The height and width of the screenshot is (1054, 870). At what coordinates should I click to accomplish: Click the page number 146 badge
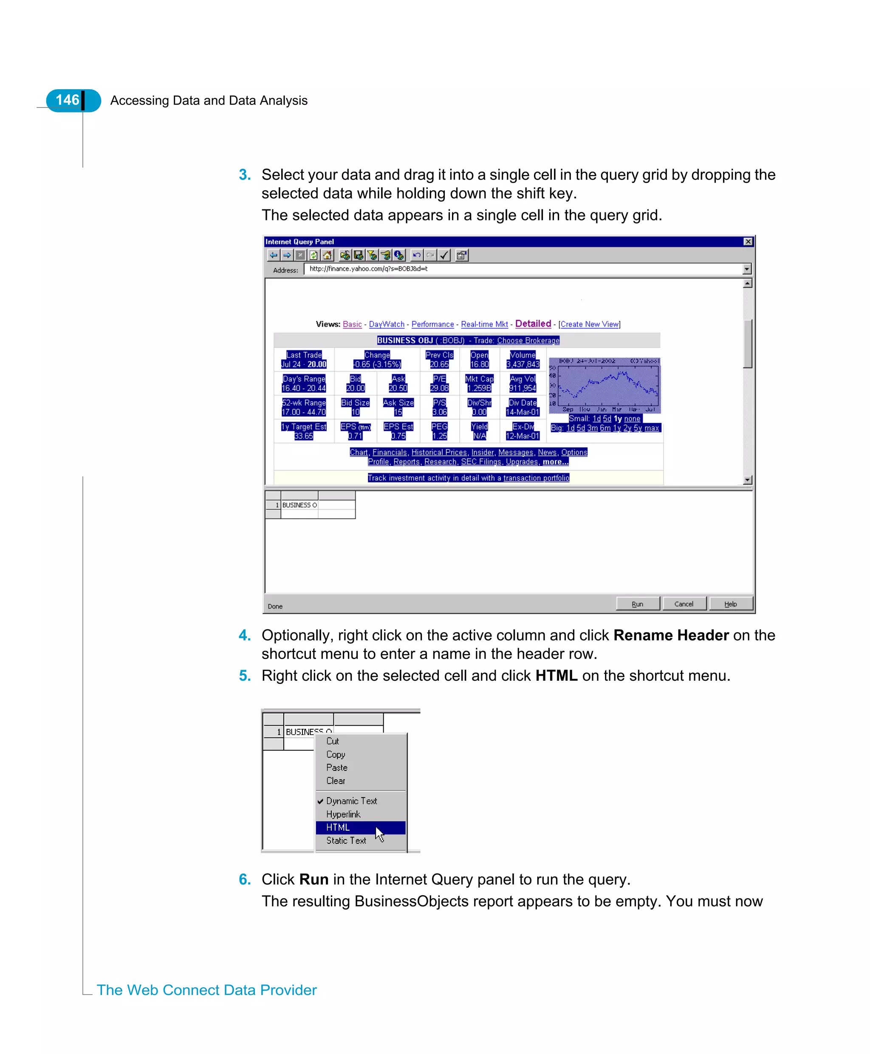pyautogui.click(x=68, y=100)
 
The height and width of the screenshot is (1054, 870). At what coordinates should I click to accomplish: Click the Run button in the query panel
pyautogui.click(x=637, y=603)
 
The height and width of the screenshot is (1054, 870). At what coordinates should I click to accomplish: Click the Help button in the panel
pyautogui.click(x=730, y=603)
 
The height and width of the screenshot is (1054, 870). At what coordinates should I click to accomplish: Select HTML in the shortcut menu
pyautogui.click(x=338, y=827)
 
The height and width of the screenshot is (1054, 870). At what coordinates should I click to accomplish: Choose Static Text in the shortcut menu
pyautogui.click(x=346, y=840)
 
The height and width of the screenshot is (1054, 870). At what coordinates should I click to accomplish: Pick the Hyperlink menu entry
pyautogui.click(x=343, y=814)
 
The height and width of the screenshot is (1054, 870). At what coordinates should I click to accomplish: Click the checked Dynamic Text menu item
pyautogui.click(x=351, y=800)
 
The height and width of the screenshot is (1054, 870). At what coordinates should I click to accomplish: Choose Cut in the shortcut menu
pyautogui.click(x=332, y=741)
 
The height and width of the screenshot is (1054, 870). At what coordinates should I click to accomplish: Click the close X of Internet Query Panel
pyautogui.click(x=748, y=242)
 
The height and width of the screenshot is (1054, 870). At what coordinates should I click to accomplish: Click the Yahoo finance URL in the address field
pyautogui.click(x=368, y=269)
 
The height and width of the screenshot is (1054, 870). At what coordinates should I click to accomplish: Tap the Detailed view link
pyautogui.click(x=533, y=324)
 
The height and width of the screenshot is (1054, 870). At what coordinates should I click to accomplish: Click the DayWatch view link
pyautogui.click(x=387, y=324)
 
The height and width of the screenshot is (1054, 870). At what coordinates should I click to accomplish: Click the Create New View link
pyautogui.click(x=589, y=324)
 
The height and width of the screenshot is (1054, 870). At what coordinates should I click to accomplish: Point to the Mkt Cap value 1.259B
pyautogui.click(x=479, y=388)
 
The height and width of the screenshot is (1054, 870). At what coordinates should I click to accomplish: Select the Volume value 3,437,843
pyautogui.click(x=523, y=364)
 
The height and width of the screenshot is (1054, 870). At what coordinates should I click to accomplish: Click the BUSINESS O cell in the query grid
pyautogui.click(x=299, y=505)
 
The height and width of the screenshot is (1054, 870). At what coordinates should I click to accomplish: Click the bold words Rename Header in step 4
pyautogui.click(x=670, y=635)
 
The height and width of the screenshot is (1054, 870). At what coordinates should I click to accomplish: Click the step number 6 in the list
pyautogui.click(x=245, y=879)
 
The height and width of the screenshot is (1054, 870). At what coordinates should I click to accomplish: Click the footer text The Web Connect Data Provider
pyautogui.click(x=206, y=990)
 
